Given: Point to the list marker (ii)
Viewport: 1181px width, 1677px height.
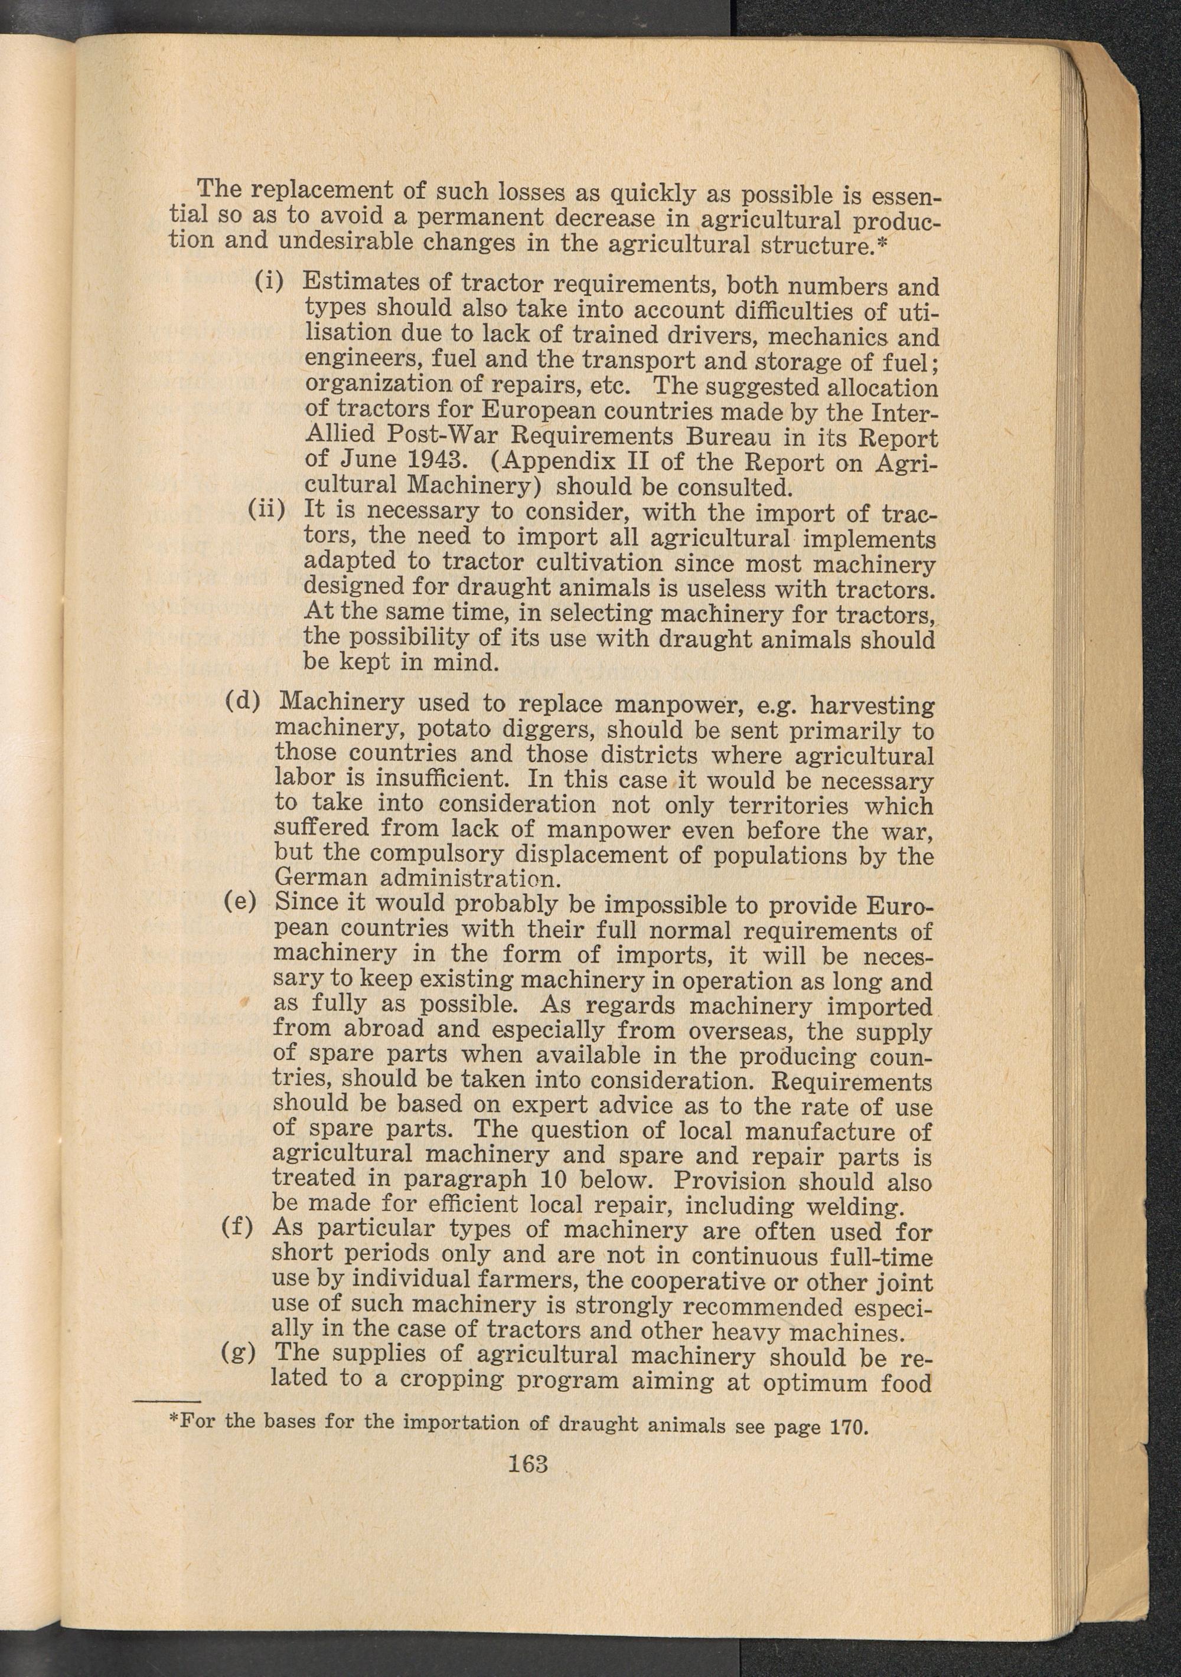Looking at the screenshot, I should [266, 508].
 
